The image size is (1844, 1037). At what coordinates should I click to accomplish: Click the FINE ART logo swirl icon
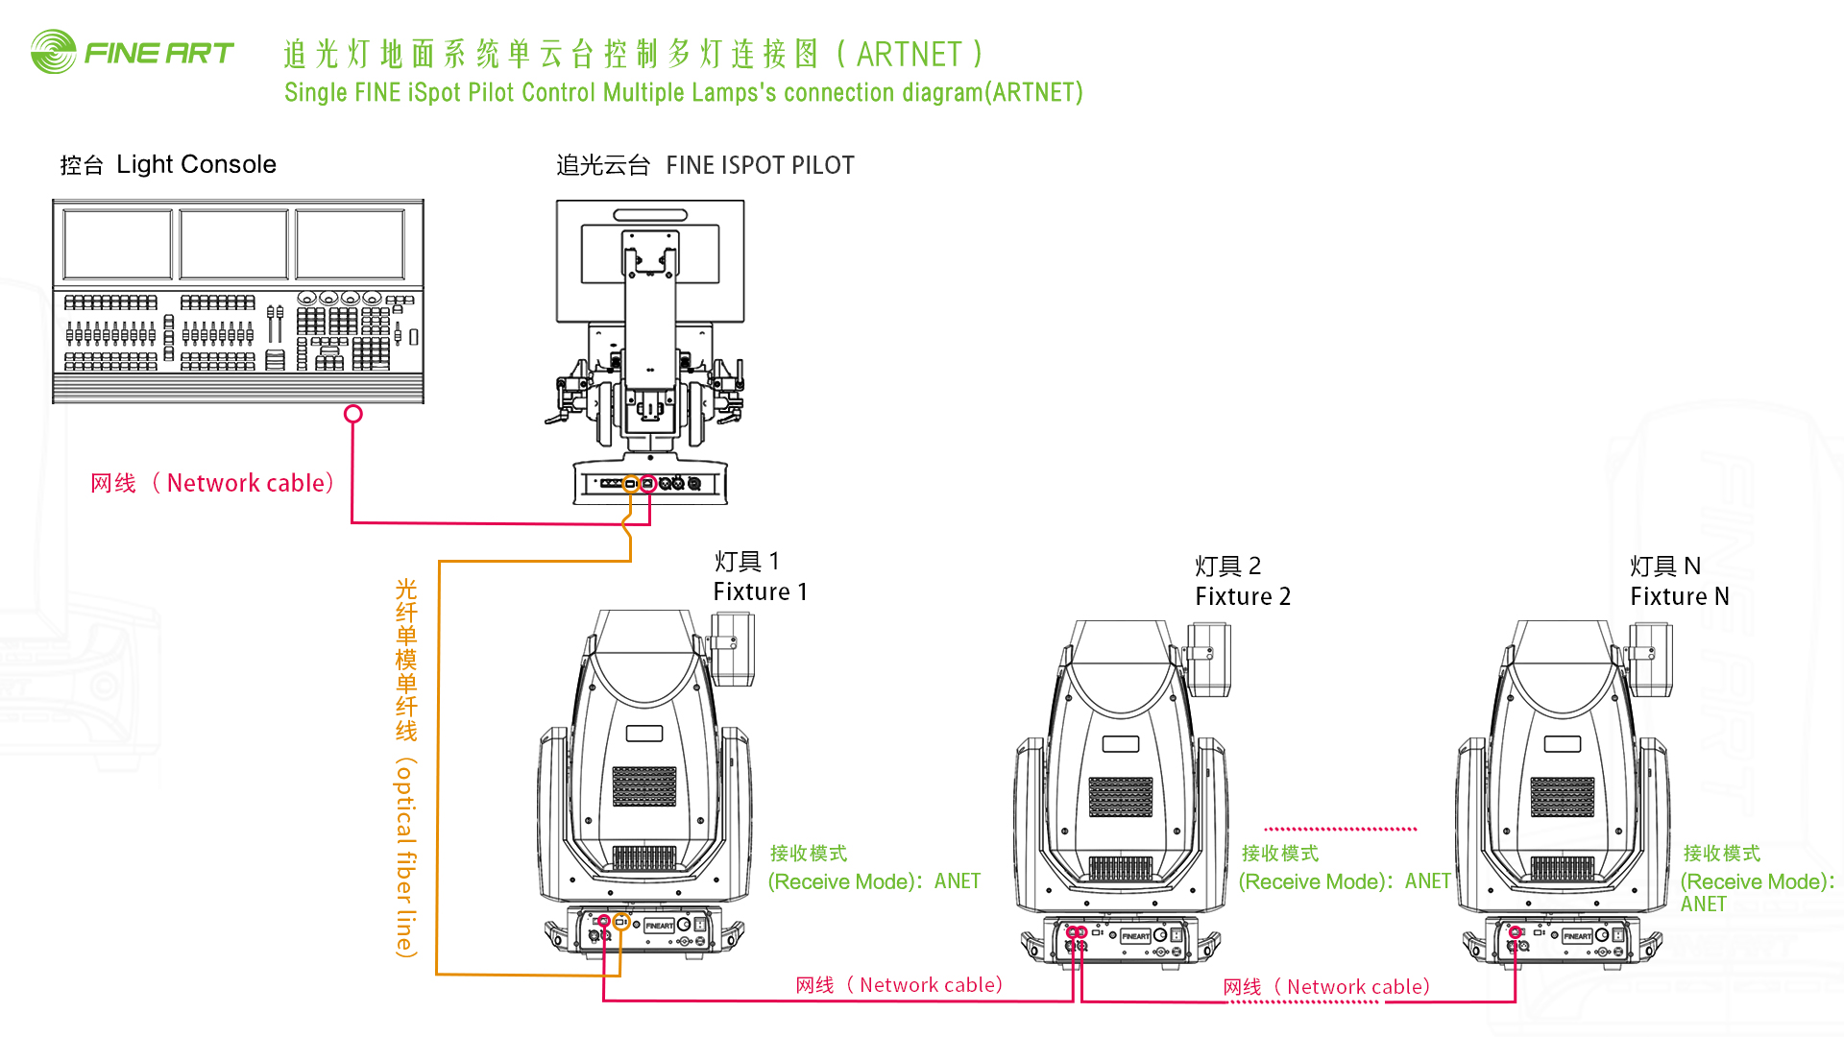point(53,52)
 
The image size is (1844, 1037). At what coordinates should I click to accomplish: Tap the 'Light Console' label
point(196,165)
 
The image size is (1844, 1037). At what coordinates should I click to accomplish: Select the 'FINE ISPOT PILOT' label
point(760,166)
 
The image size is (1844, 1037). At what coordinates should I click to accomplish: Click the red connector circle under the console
point(353,414)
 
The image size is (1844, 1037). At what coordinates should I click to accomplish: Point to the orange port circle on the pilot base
point(630,484)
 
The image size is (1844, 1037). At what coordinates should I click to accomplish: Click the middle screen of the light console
point(233,244)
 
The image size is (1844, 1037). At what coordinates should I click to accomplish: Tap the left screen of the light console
point(117,244)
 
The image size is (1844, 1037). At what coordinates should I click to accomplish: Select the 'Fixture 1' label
point(760,592)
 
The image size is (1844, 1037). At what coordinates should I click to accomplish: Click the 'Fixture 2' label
point(1243,597)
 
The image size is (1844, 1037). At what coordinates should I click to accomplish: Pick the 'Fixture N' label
point(1679,597)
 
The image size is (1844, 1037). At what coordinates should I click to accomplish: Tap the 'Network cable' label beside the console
point(250,483)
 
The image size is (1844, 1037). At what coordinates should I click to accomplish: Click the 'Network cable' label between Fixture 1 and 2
point(930,985)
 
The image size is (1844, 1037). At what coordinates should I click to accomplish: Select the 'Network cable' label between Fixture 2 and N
point(1357,987)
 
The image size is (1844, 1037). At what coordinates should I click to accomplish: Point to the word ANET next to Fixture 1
point(958,881)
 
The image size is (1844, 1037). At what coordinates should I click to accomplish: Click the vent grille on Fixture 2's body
point(1120,797)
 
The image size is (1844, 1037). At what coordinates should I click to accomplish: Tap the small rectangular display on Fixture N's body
point(1563,744)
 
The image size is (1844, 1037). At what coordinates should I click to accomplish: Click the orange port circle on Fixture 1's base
point(621,922)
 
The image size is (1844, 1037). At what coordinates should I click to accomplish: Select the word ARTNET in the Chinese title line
point(909,55)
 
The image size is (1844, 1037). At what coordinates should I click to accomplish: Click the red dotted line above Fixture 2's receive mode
point(1340,829)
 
